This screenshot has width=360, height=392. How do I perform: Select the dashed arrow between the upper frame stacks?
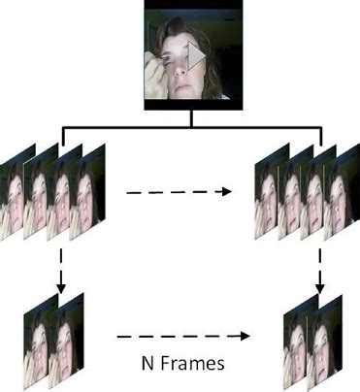[180, 192]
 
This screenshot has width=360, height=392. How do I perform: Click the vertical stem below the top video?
[190, 116]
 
